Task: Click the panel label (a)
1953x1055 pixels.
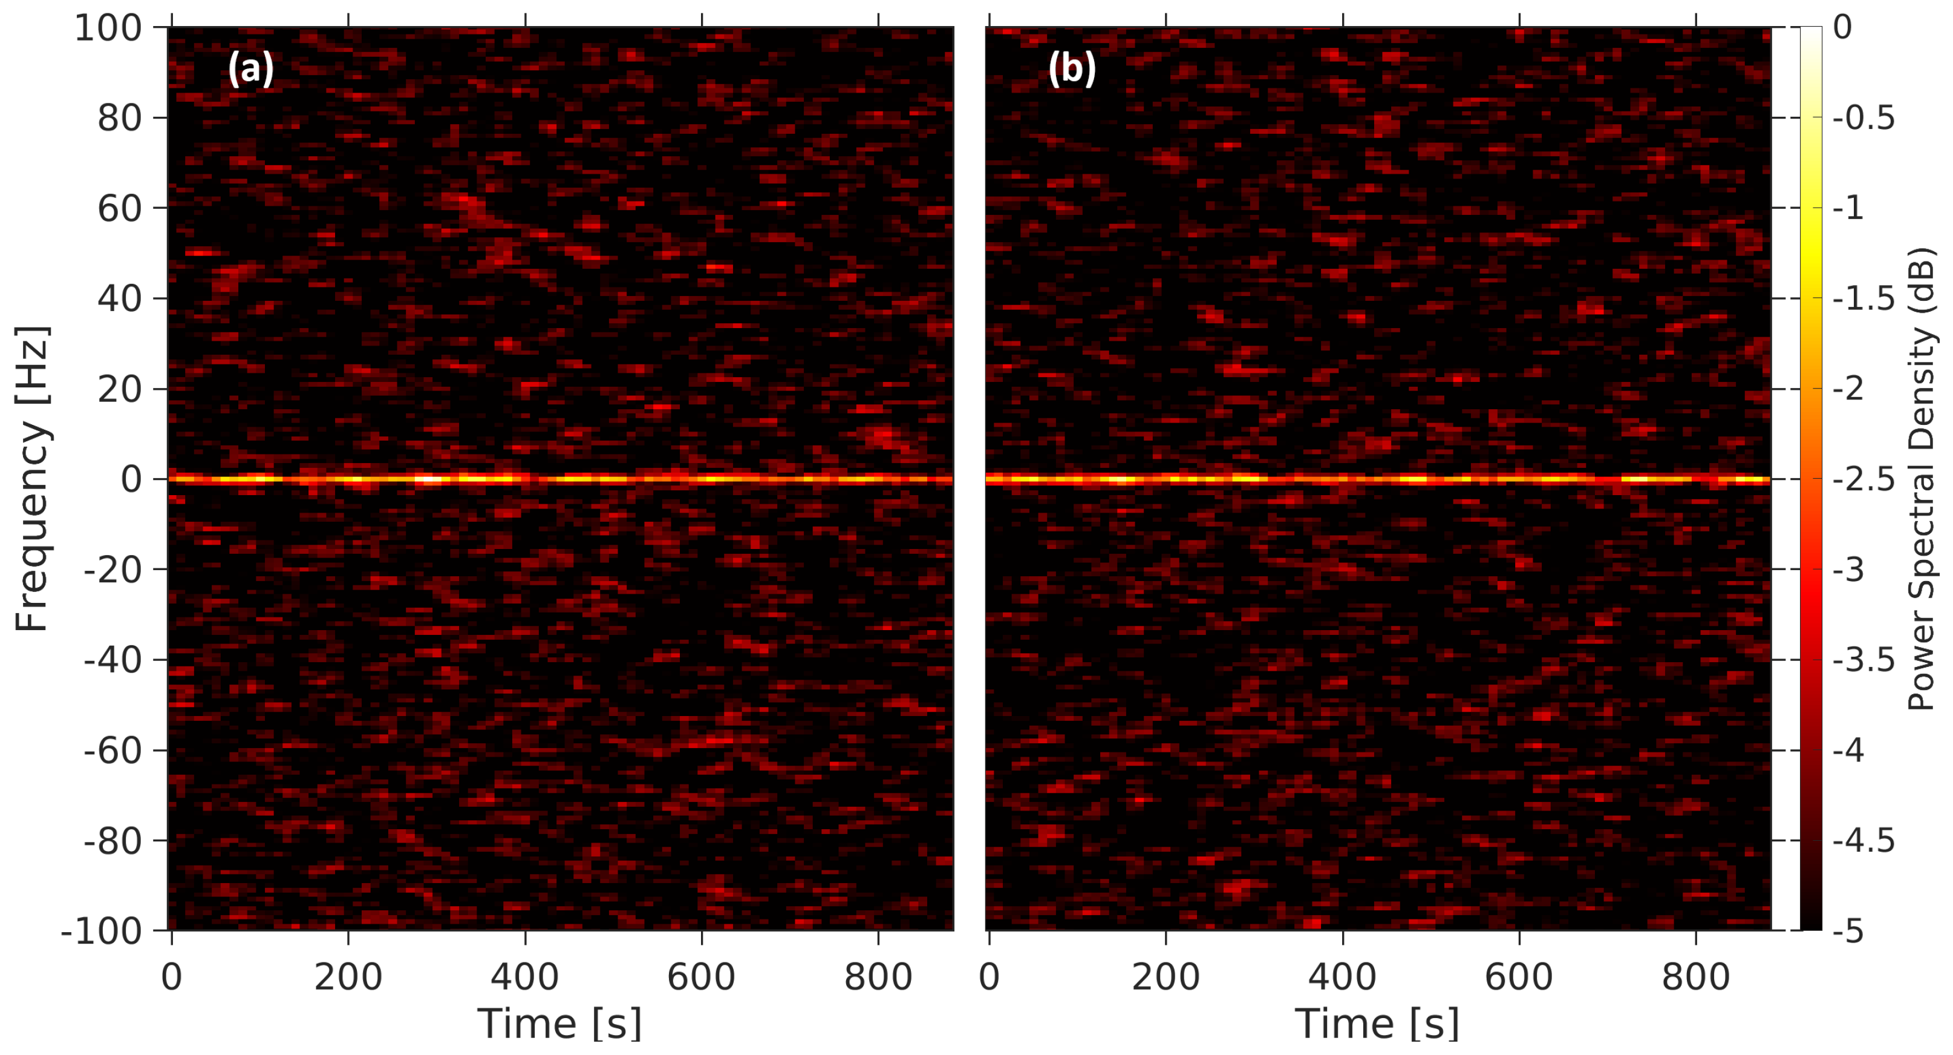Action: (x=250, y=69)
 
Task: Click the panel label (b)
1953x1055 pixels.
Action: (x=1071, y=69)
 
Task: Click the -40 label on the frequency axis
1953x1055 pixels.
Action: (x=113, y=660)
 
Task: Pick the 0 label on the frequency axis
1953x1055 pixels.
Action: (x=131, y=480)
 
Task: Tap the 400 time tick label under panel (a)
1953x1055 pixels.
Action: (x=524, y=978)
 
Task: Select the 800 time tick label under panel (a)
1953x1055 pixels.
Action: (x=878, y=978)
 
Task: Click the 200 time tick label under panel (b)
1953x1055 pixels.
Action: (x=1166, y=978)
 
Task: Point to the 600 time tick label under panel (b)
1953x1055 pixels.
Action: (x=1519, y=978)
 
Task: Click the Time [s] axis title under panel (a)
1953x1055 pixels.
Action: (x=559, y=1025)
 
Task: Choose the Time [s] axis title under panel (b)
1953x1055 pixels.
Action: (x=1377, y=1025)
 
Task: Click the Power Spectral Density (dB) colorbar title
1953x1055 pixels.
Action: (x=1921, y=479)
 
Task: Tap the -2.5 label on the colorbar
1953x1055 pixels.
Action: (x=1863, y=480)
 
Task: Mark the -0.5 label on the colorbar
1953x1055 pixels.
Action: (x=1863, y=118)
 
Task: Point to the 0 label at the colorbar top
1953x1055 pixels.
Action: (x=1842, y=28)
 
